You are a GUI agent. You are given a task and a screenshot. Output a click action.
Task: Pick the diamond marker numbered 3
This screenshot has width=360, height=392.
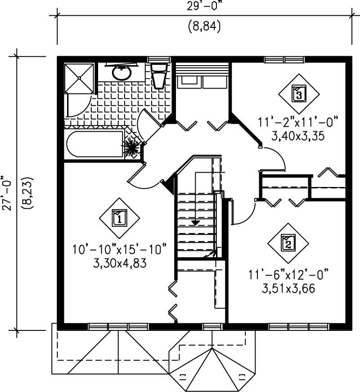[x=299, y=94]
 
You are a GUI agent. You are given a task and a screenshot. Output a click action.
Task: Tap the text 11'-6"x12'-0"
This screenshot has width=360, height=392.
[x=288, y=273]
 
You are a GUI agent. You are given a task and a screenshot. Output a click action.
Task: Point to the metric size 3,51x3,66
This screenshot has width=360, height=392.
[x=288, y=287]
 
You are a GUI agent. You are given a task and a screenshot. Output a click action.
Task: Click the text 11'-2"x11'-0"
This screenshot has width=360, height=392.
[x=298, y=122]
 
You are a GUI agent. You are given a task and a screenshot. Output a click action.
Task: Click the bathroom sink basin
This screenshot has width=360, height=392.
[x=121, y=72]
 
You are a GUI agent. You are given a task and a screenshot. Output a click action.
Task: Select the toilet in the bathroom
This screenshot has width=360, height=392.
[x=159, y=75]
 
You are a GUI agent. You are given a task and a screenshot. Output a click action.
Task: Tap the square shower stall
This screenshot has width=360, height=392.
[x=79, y=78]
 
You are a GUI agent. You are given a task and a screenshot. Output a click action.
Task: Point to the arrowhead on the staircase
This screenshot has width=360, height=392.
[x=195, y=222]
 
